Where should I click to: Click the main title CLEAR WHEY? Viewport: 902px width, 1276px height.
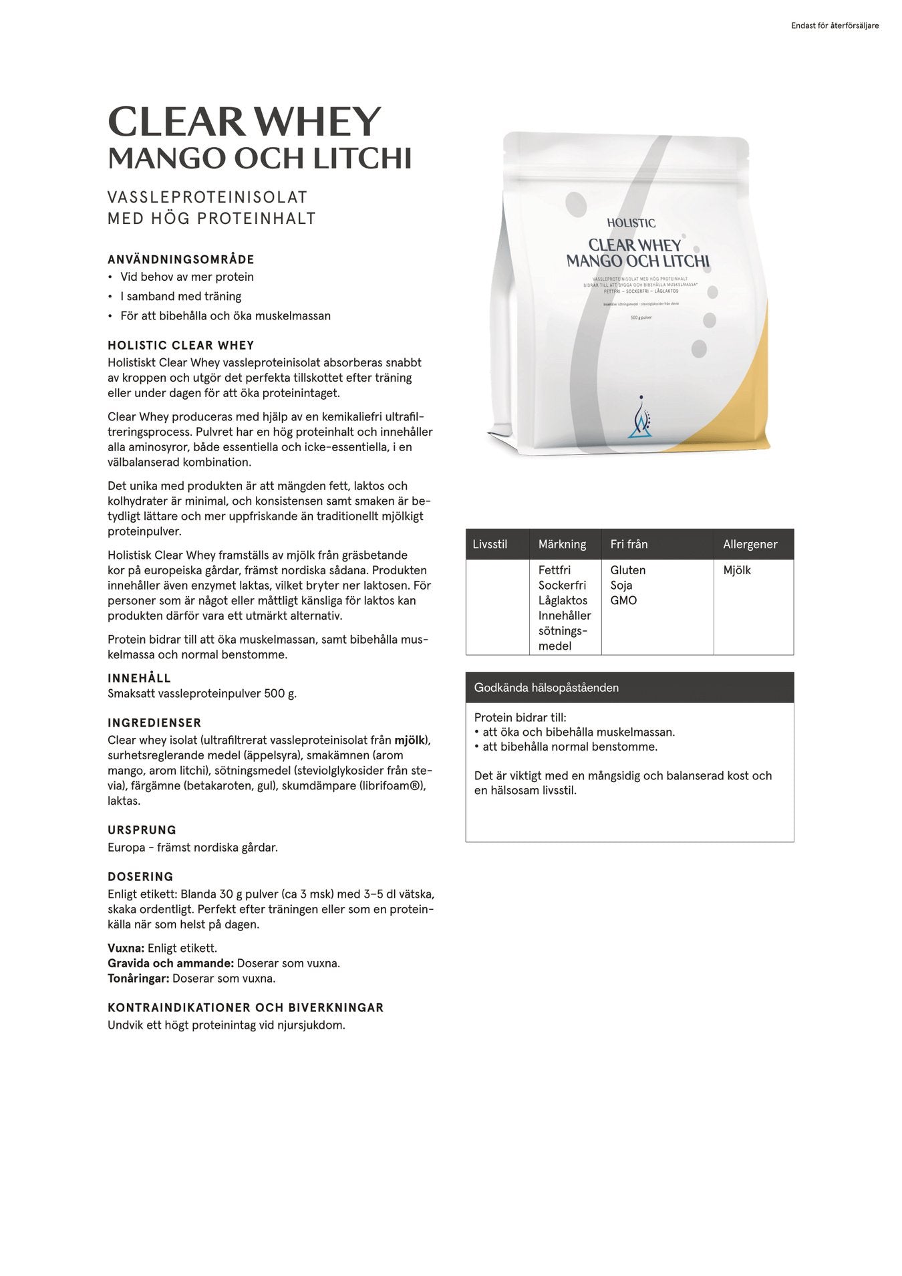click(244, 122)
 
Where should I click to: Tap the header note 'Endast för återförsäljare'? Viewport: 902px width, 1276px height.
click(835, 26)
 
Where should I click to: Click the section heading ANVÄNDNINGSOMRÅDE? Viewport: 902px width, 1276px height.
click(181, 259)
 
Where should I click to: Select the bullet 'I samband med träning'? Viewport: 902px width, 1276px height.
click(180, 296)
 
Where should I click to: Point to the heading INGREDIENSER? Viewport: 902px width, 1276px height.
click(154, 723)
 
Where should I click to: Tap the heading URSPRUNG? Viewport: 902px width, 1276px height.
click(142, 830)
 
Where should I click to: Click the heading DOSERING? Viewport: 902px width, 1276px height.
click(140, 877)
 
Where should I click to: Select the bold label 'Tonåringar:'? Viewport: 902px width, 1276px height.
click(139, 979)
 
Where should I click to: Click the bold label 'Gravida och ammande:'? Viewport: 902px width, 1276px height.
click(170, 963)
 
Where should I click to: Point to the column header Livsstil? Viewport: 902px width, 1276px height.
click(490, 544)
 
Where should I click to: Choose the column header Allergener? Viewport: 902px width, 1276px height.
click(750, 544)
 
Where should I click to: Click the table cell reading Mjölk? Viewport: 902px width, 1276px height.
click(736, 570)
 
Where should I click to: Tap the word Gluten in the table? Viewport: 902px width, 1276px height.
click(627, 570)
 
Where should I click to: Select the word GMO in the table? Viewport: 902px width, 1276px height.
click(623, 600)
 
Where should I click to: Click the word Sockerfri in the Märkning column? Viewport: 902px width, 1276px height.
click(562, 586)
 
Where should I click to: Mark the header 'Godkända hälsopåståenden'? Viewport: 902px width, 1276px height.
click(546, 687)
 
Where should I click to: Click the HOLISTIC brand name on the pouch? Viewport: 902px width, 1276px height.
click(631, 223)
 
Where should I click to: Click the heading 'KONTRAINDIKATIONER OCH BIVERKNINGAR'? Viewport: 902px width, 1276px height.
click(246, 1007)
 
